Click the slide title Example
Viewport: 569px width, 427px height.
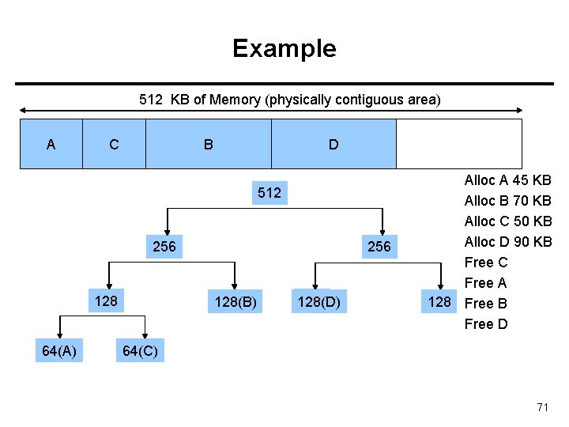[284, 49]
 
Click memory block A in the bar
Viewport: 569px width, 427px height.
[51, 144]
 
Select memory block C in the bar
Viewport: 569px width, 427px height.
[114, 144]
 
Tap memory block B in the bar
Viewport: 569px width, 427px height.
[208, 144]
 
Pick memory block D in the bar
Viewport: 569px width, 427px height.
[333, 144]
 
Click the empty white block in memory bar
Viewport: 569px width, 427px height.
[458, 144]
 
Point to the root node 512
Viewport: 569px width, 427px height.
[269, 193]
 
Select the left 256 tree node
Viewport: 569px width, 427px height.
[164, 246]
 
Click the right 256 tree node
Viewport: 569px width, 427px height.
[379, 246]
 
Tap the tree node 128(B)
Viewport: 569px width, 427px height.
[236, 301]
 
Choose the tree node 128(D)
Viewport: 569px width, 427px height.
[319, 301]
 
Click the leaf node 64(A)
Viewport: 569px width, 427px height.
[58, 351]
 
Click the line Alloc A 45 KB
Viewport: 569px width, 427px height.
[508, 180]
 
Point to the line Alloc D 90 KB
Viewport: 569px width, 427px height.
[508, 242]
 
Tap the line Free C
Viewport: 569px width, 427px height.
[486, 263]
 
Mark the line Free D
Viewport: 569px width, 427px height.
[486, 324]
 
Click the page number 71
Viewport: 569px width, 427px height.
[542, 407]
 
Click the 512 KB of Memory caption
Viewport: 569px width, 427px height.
[289, 100]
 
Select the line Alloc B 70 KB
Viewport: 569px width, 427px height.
[508, 201]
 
